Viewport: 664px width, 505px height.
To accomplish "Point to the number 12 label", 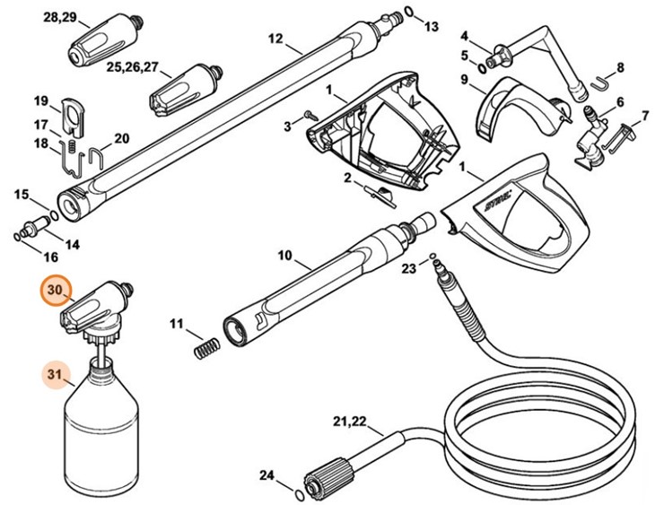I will [x=275, y=39].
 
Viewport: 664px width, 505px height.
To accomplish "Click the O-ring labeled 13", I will [x=409, y=12].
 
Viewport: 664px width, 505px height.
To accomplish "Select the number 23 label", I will [x=408, y=268].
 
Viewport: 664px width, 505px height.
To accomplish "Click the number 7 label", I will [x=643, y=117].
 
